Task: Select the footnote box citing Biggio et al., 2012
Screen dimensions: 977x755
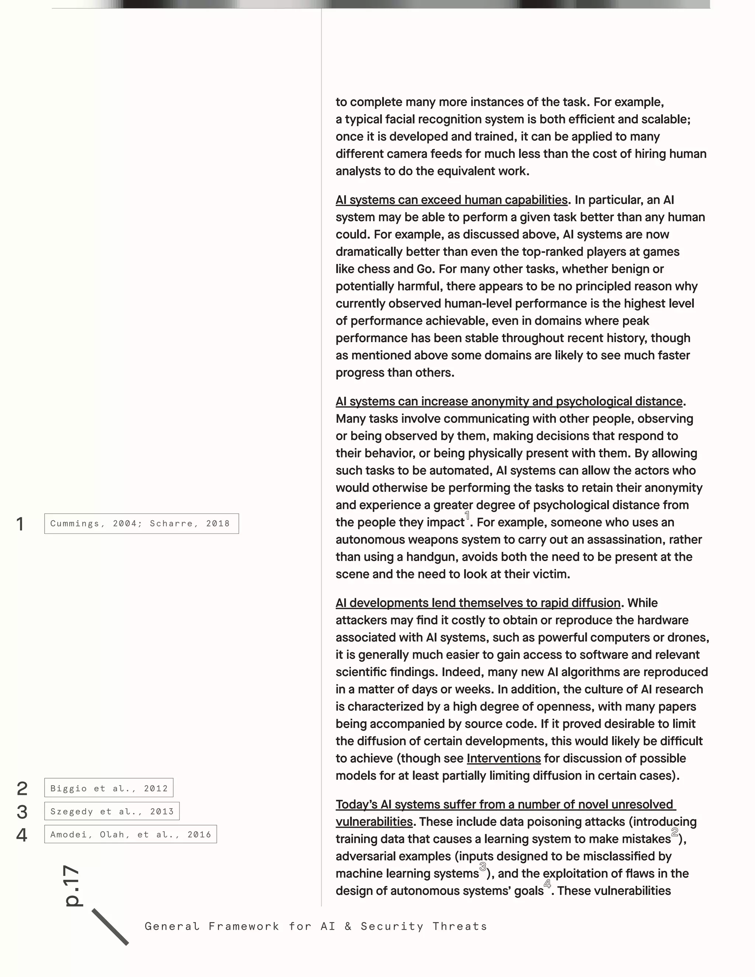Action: pos(109,788)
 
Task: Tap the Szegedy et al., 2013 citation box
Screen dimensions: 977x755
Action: pos(112,811)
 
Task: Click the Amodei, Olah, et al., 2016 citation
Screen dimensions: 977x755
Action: pos(130,834)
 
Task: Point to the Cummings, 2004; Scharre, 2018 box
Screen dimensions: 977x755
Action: pos(141,524)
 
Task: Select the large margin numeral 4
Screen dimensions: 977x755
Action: pos(21,835)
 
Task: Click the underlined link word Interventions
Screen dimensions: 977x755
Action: pos(504,758)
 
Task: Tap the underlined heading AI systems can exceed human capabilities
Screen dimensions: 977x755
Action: pos(451,199)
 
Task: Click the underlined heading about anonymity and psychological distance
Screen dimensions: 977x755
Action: pos(509,401)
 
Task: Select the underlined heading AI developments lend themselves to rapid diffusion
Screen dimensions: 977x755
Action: pos(478,602)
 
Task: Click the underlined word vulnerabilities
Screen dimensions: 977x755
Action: pos(374,821)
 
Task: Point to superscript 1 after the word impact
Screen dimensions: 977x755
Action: pos(467,516)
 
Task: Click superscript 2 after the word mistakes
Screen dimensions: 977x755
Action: pos(675,832)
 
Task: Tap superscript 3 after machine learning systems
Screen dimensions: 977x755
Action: pos(483,866)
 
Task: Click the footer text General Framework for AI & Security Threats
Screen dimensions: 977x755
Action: pos(316,926)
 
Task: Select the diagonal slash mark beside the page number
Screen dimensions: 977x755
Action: pos(110,927)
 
